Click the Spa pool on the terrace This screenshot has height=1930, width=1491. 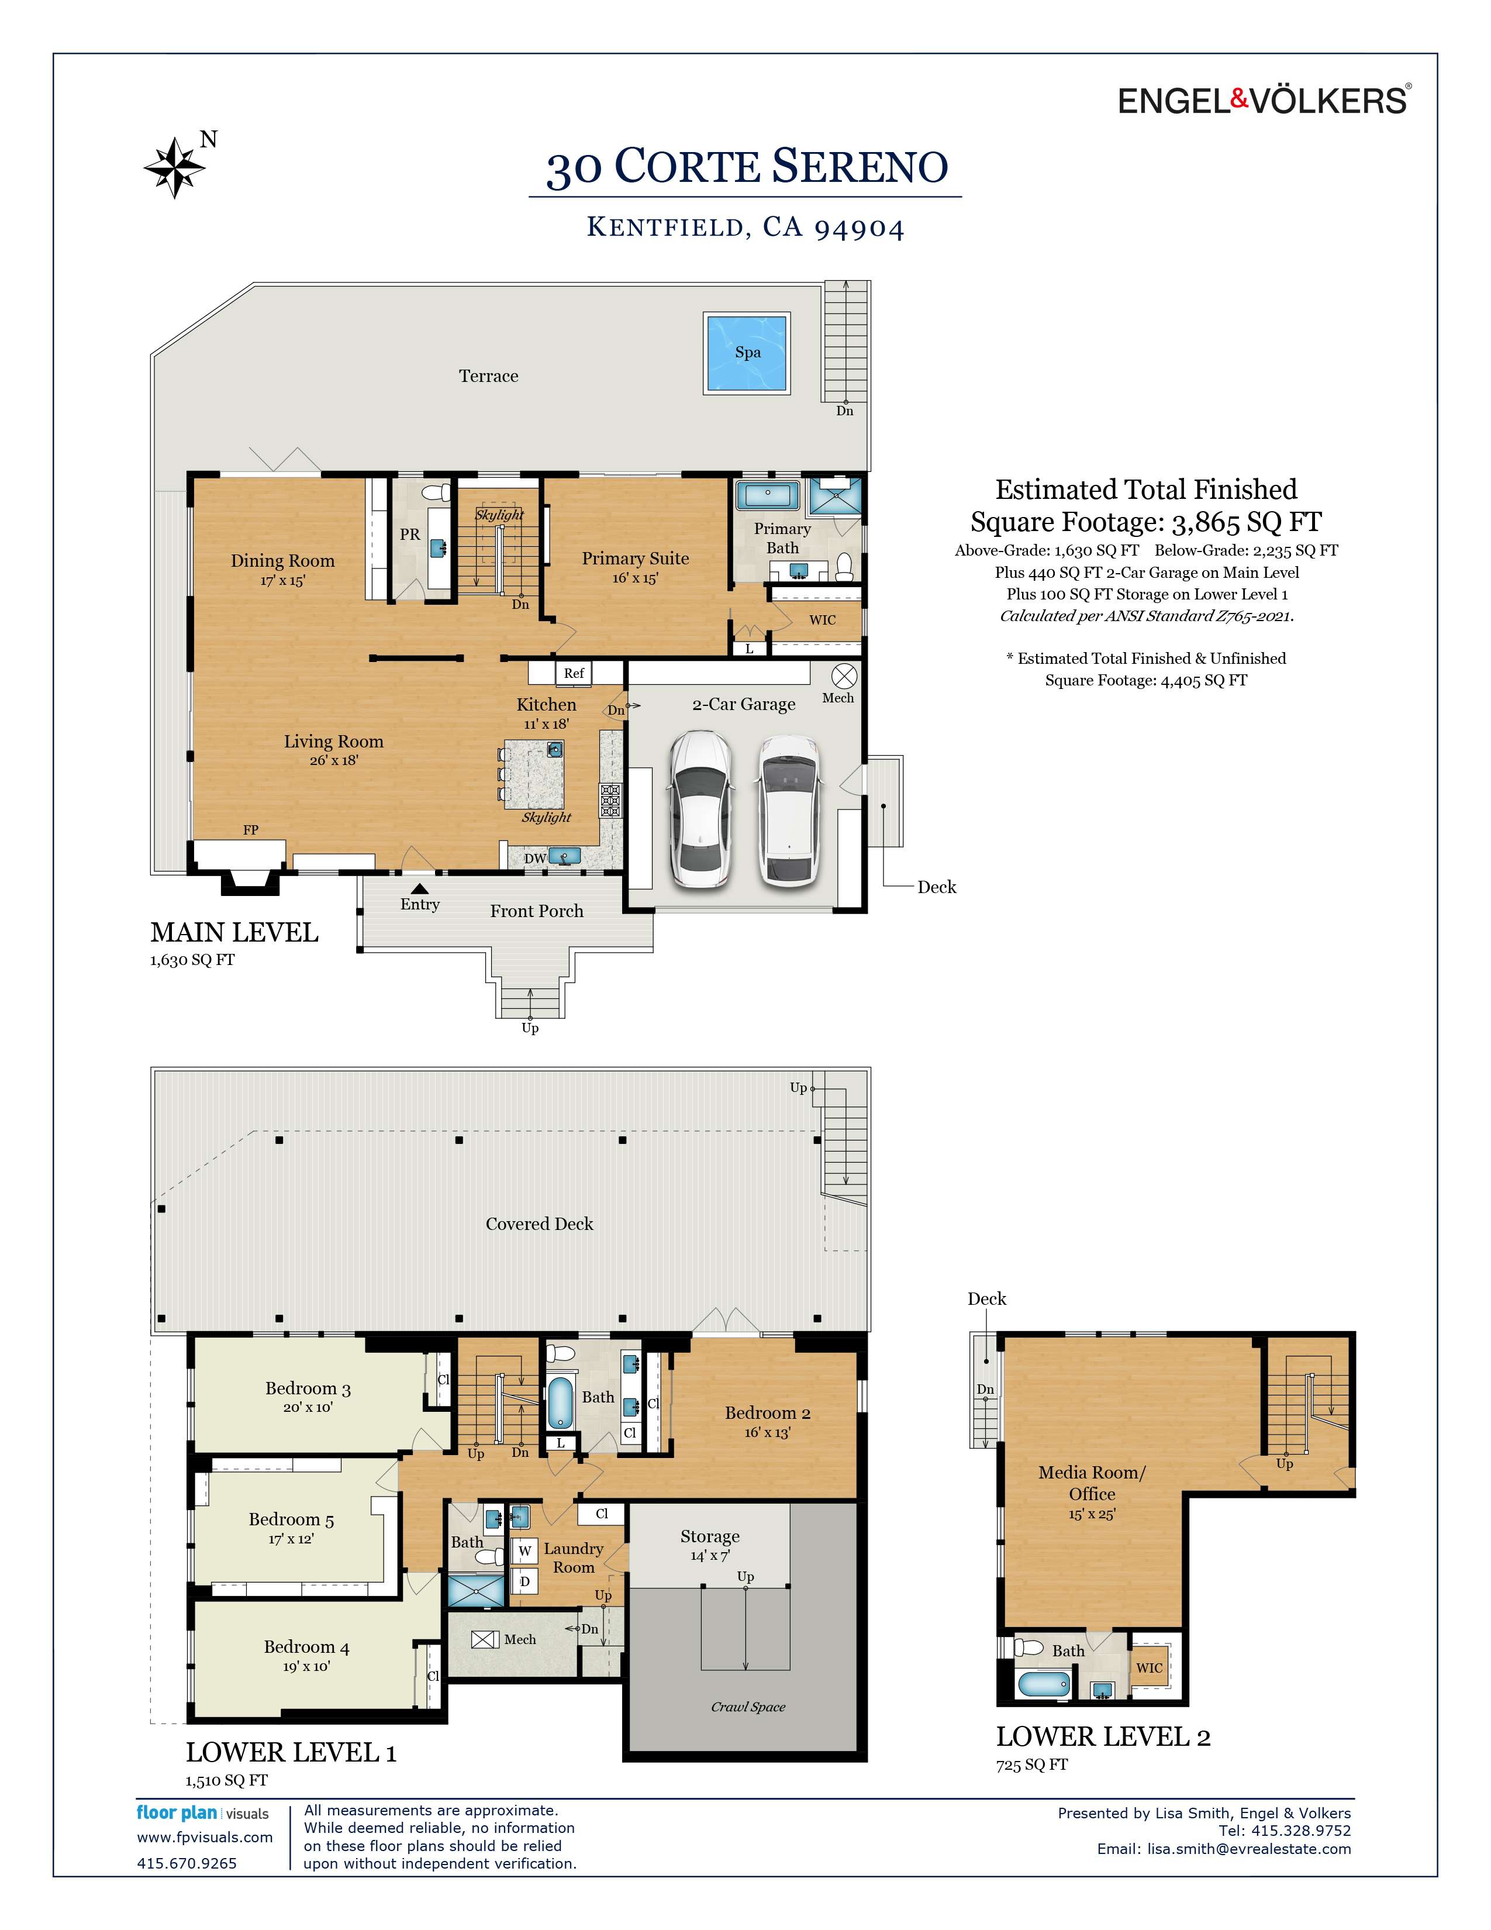(747, 353)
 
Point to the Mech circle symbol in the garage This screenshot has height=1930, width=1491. (844, 677)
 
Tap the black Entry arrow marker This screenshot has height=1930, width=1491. (420, 889)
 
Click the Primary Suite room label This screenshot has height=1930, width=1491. (635, 559)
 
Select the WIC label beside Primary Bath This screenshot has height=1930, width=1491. (822, 621)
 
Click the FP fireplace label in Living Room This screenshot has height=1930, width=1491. (251, 830)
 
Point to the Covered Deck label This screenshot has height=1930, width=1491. (539, 1224)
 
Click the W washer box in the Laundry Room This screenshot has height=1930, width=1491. (524, 1551)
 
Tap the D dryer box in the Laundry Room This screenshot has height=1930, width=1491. (524, 1581)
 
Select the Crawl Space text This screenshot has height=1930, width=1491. (747, 1707)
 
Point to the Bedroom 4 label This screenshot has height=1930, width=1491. (306, 1647)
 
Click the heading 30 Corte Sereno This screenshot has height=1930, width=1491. (747, 167)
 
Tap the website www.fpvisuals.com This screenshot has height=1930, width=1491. (205, 1837)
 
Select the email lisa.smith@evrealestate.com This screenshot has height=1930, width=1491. (1248, 1849)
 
